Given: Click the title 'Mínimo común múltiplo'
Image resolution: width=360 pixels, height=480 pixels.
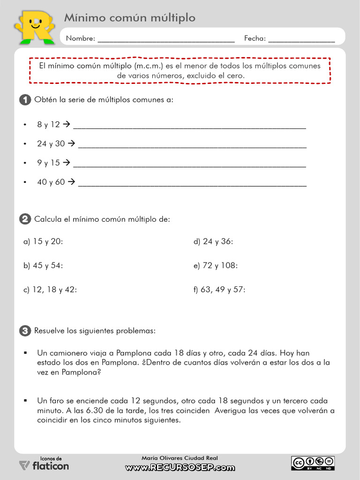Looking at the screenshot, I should pos(129,18).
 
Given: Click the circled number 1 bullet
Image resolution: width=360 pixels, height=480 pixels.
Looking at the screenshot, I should pos(25,100).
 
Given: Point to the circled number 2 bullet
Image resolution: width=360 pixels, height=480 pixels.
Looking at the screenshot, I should pos(25,219).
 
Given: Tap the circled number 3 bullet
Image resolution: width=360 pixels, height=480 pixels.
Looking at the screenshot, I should pos(25,330).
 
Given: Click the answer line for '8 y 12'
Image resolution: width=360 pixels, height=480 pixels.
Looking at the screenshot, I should pos(189,126).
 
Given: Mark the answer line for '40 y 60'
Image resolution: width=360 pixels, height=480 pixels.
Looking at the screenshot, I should pos(192,183).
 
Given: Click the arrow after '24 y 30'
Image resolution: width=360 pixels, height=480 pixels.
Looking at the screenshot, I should pos(71,143).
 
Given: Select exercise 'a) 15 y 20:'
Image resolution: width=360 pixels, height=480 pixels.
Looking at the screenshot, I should pos(43,242).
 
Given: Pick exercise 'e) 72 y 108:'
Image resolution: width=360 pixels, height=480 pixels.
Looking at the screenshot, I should pos(216,266).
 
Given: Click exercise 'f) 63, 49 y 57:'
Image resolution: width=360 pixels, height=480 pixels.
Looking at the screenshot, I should pos(219,290).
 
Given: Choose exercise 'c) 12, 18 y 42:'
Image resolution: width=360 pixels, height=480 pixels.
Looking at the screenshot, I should pos(50,290).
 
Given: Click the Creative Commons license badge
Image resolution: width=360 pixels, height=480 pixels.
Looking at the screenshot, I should pos(313,462).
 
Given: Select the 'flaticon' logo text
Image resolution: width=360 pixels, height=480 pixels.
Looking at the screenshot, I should pos(51,466).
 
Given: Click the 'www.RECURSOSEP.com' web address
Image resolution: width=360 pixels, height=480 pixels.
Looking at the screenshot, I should pos(180,467).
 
